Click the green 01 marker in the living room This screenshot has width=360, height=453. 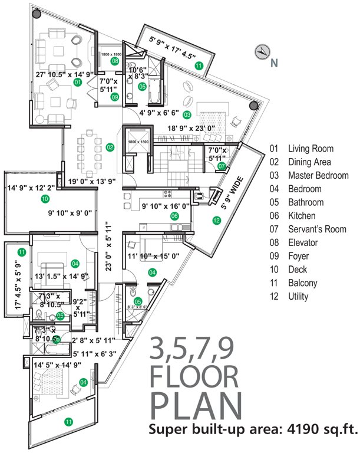77,83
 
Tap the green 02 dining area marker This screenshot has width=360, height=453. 110,147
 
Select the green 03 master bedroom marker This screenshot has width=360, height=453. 187,114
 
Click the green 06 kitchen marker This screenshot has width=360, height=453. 174,216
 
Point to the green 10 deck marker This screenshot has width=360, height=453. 45,199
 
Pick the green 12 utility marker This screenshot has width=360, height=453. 216,221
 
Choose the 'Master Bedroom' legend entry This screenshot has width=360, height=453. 312,175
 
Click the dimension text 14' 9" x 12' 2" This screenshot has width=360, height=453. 30,188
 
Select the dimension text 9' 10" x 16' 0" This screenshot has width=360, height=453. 166,206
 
